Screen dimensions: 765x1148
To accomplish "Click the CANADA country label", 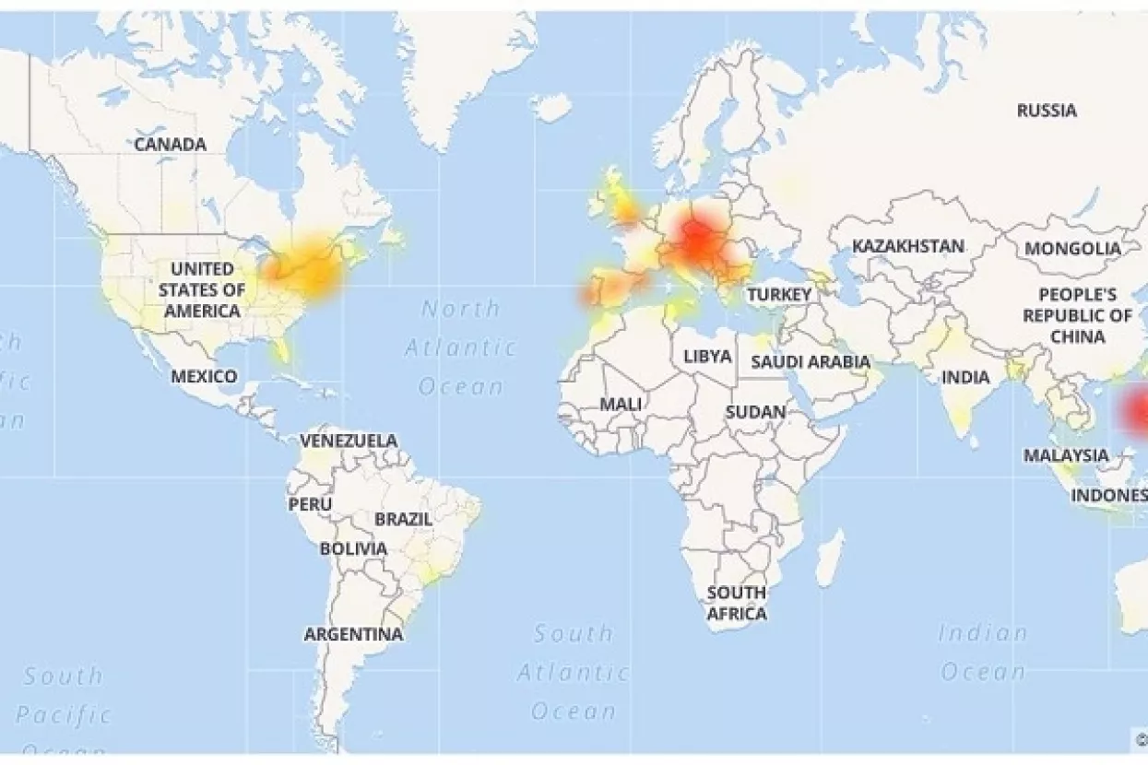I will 171,145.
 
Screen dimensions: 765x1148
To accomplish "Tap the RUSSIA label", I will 1047,111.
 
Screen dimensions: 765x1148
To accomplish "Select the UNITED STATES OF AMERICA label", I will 202,289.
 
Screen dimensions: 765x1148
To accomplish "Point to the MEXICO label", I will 204,376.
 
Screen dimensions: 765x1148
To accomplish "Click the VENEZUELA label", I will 349,441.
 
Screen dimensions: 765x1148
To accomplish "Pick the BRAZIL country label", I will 403,519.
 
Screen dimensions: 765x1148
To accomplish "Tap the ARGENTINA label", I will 353,634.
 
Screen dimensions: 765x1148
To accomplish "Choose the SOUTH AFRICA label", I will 737,603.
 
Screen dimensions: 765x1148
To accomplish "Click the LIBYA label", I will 707,356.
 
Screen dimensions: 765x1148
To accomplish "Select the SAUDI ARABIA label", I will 811,361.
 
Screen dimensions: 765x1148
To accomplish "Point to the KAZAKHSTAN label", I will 908,246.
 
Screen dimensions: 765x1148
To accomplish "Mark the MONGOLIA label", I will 1072,249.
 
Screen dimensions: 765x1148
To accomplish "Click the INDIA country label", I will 965,377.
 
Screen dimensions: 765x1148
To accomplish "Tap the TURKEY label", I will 779,295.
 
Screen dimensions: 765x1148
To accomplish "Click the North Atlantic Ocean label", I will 460,347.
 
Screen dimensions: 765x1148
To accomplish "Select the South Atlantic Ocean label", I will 574,672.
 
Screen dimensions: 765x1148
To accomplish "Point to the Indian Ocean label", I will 983,653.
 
